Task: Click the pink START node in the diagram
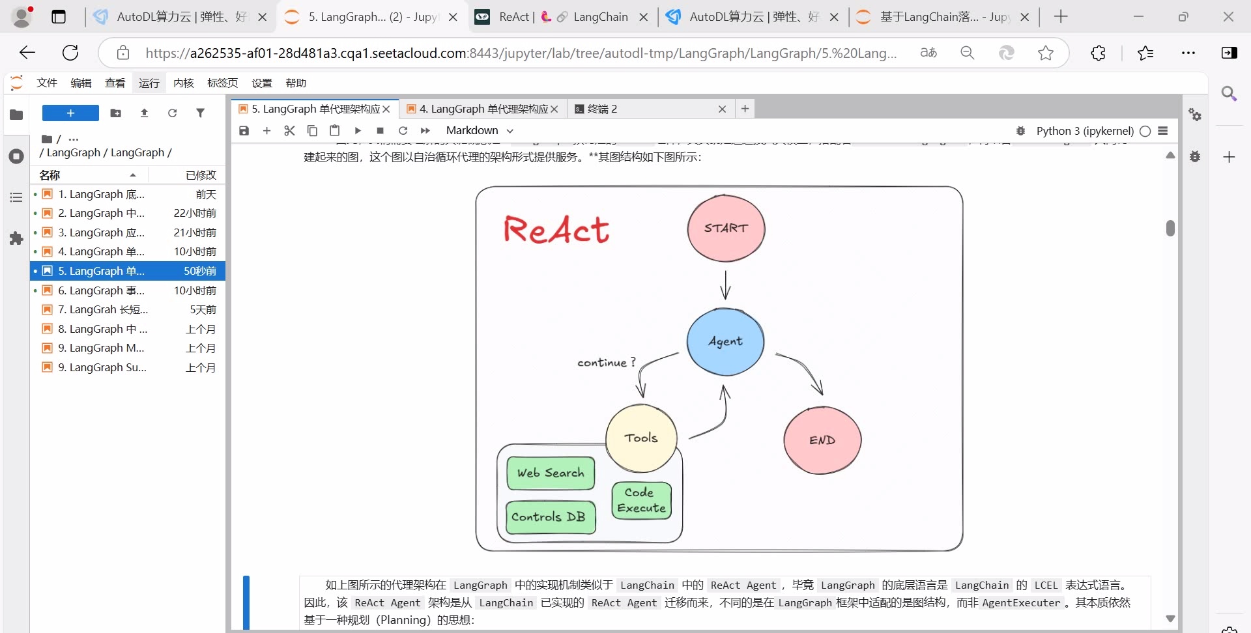coord(726,229)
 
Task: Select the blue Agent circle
coord(725,342)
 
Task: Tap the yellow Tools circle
coord(641,438)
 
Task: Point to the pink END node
coord(822,440)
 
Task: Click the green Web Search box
coord(551,473)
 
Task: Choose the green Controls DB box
coord(551,517)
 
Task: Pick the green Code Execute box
coord(642,500)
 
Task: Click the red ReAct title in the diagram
coord(556,230)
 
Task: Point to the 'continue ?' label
coord(606,363)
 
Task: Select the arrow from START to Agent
coord(726,285)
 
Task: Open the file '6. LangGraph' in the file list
coord(101,290)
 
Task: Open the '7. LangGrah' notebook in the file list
coord(102,309)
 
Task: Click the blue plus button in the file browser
coord(70,113)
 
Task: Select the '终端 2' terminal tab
coord(603,109)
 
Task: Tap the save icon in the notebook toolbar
coord(244,130)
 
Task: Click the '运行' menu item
coord(149,83)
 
